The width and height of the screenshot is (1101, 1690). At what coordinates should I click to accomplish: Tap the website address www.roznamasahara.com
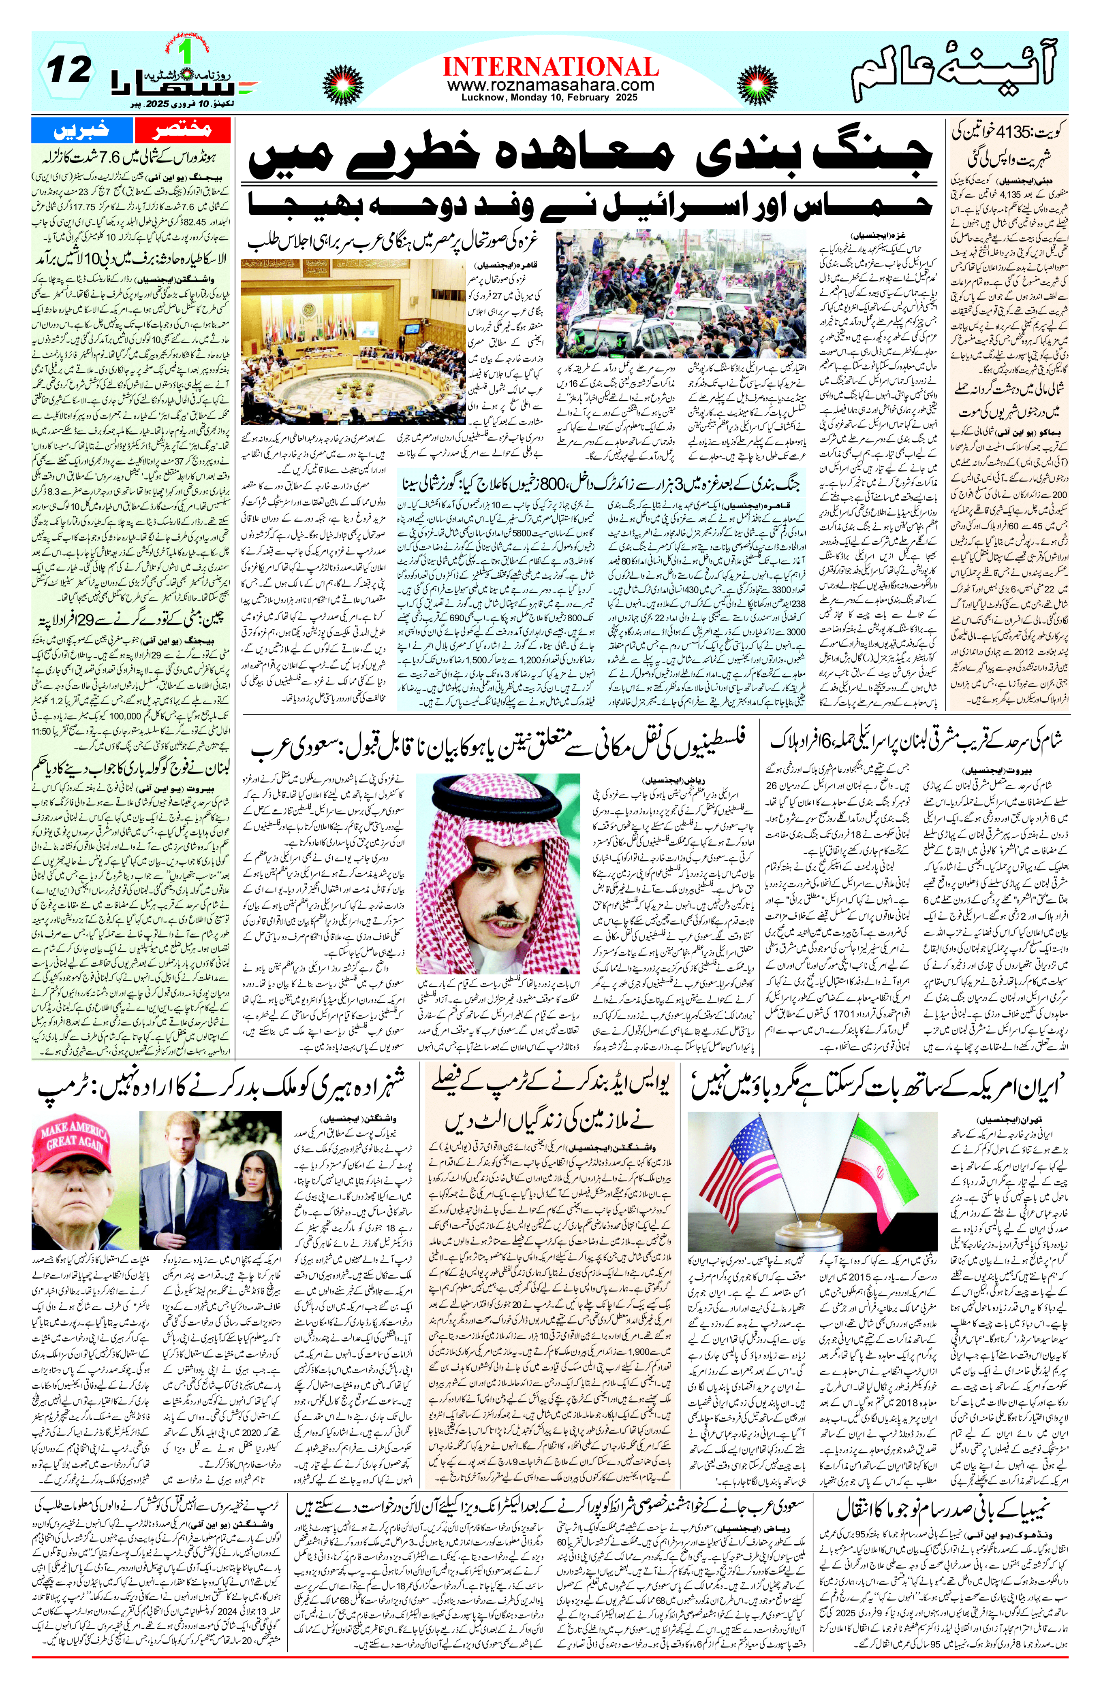point(550,85)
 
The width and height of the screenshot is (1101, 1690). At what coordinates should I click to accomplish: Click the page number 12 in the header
point(69,70)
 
